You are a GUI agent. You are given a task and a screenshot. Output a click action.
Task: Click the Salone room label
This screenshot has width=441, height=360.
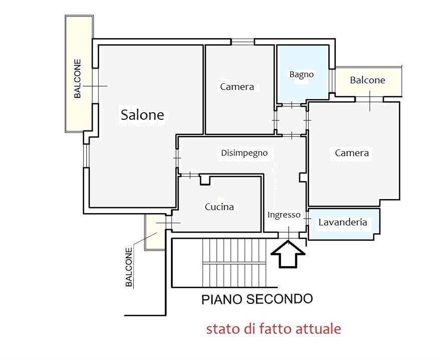(x=142, y=115)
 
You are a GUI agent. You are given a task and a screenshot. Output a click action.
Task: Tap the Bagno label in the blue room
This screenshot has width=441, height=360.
(x=302, y=74)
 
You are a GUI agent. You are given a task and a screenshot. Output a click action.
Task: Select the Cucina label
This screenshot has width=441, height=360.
(x=219, y=207)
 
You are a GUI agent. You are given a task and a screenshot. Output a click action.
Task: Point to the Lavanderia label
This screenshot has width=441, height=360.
(x=343, y=222)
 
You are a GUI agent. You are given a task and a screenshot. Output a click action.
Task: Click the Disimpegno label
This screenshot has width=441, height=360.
(x=244, y=153)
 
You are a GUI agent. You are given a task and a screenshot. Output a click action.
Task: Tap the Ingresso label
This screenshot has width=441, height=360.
(x=284, y=215)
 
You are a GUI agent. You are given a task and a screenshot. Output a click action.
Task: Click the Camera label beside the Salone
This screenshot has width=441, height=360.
(x=237, y=87)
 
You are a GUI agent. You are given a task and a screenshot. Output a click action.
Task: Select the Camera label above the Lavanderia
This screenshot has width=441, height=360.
(x=352, y=153)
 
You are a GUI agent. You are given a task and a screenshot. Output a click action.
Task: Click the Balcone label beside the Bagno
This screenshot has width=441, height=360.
(x=367, y=80)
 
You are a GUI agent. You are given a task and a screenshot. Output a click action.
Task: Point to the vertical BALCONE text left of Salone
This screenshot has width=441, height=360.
(x=77, y=78)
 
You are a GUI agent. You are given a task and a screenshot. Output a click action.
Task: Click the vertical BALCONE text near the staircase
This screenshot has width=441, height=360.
(x=128, y=267)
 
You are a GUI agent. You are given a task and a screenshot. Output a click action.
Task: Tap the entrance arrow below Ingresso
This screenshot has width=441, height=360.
(x=288, y=254)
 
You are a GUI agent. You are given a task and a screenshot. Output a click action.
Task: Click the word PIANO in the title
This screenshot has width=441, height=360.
(x=222, y=299)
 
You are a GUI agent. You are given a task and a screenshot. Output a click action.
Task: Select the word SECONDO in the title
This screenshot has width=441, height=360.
(x=279, y=299)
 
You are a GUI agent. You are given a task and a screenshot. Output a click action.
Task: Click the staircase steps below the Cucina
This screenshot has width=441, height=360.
(x=234, y=263)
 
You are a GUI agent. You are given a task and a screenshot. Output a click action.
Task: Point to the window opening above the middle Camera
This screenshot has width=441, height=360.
(x=243, y=42)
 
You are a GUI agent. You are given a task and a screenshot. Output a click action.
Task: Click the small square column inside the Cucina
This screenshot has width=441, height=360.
(x=205, y=180)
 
